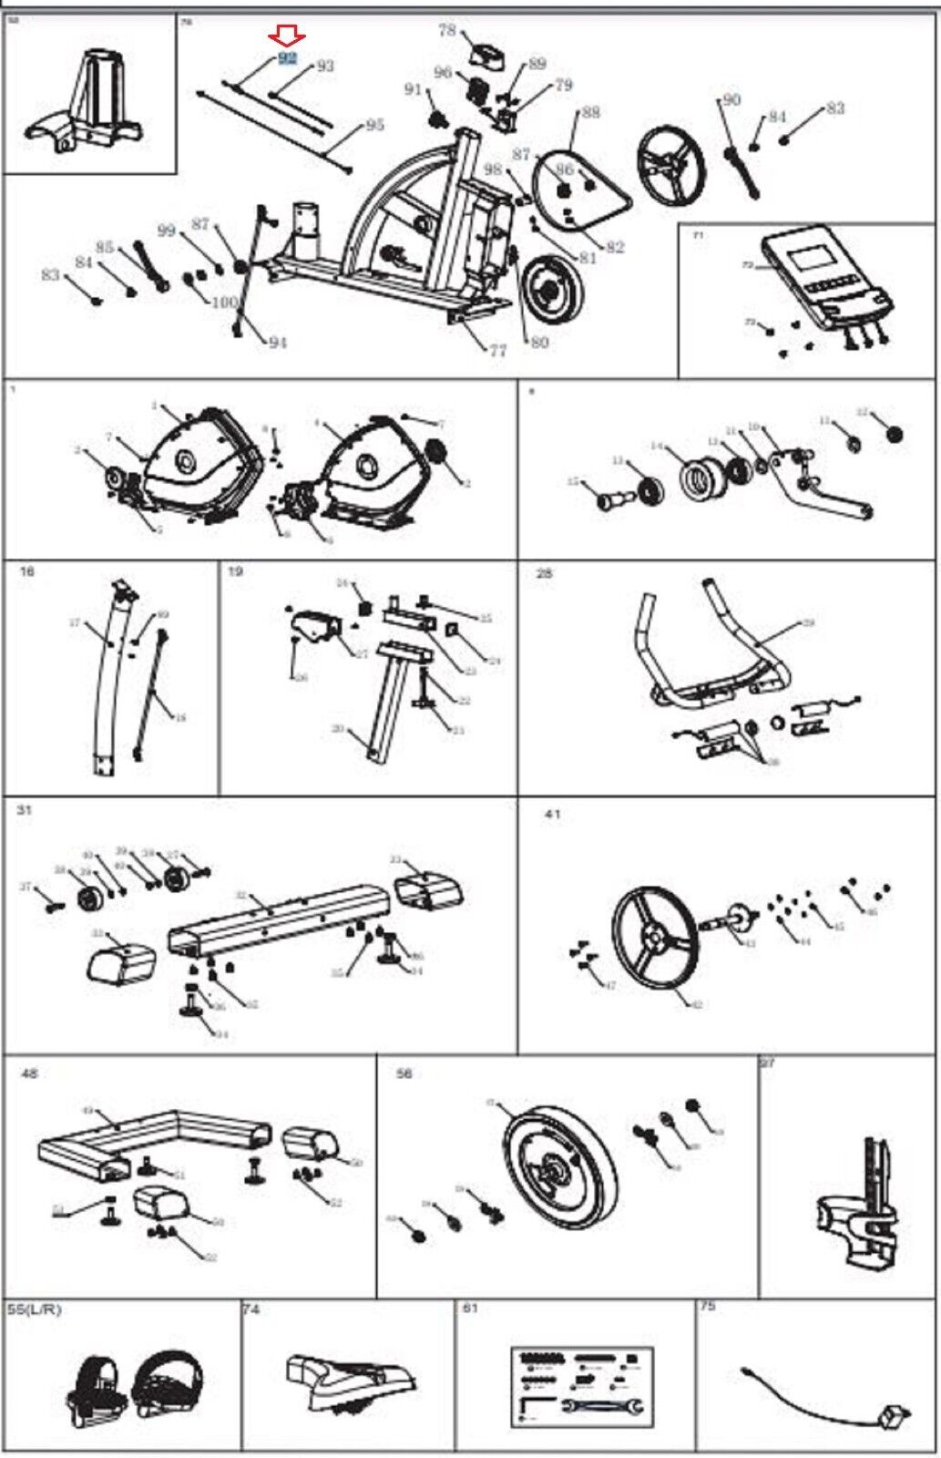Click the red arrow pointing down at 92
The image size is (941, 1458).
point(287,36)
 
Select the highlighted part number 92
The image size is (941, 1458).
point(288,57)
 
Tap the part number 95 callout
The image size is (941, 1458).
point(374,125)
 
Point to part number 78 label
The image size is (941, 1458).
point(446,30)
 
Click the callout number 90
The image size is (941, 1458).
point(731,99)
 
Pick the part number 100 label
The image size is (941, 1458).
point(224,302)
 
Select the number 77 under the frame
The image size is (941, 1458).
point(497,350)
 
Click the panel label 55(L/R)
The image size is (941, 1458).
point(35,1309)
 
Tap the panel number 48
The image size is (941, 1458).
point(29,1073)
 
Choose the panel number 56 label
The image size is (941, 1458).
point(404,1073)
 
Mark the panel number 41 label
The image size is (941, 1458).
point(552,814)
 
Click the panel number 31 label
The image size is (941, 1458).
point(24,809)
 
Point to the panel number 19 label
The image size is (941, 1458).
point(235,571)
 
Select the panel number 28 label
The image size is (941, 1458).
point(545,573)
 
